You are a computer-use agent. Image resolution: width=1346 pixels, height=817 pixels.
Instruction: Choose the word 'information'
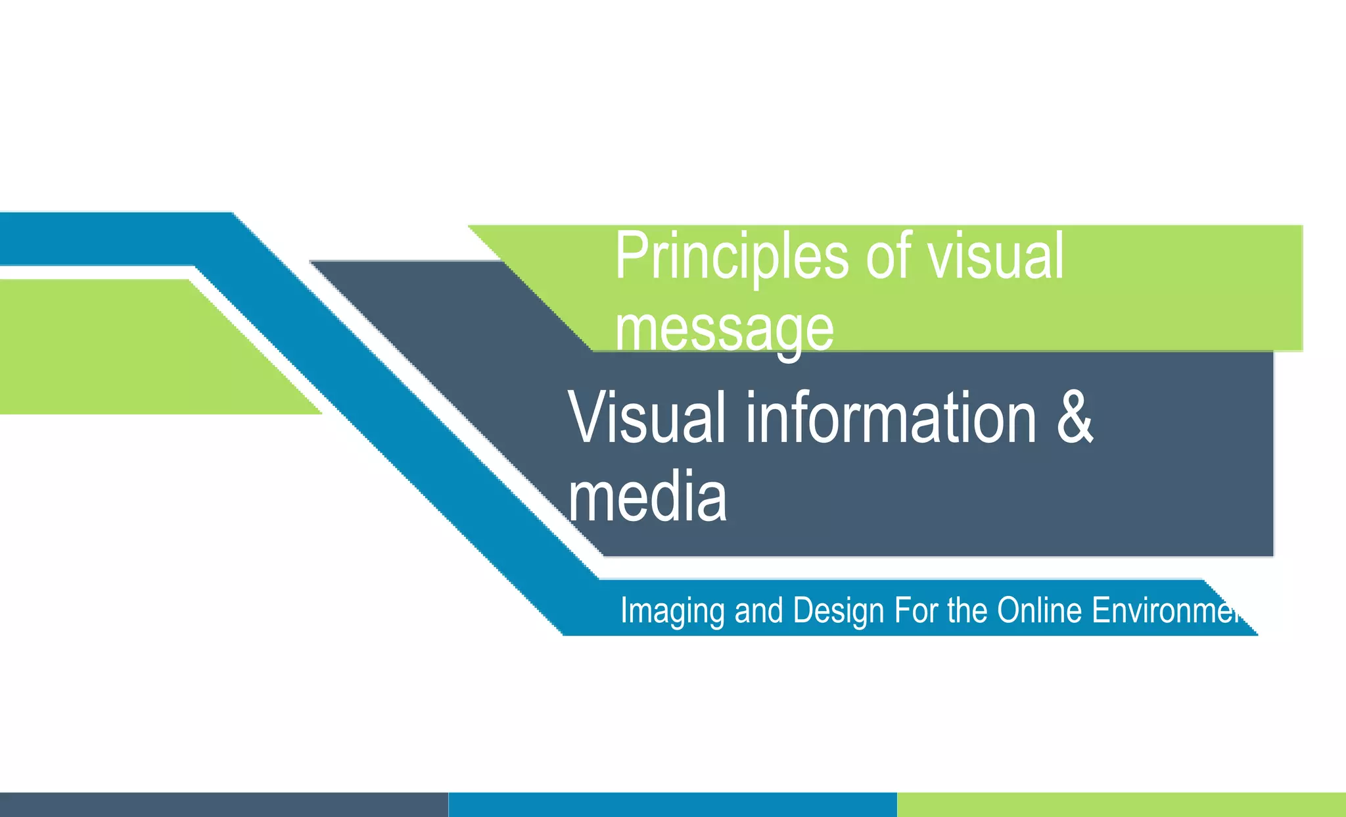(x=891, y=418)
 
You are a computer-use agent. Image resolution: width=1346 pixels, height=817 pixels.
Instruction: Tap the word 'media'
(x=647, y=497)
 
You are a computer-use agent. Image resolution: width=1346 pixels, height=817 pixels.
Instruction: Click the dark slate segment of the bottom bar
(x=223, y=805)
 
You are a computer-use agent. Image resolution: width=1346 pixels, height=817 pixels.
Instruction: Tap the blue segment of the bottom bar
(x=672, y=805)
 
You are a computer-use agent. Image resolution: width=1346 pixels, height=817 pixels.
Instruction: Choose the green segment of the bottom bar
(x=1121, y=805)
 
